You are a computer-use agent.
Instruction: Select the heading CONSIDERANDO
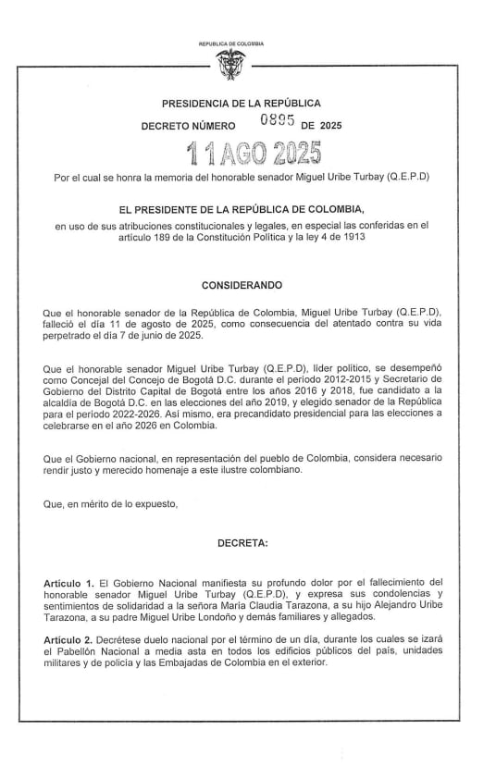[242, 285]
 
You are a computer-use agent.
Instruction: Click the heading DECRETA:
[242, 543]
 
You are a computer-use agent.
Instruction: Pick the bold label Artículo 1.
[69, 583]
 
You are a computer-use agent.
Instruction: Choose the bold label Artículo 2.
[69, 638]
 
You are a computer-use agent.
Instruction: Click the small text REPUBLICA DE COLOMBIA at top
[230, 43]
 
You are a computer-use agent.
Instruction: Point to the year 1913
[351, 238]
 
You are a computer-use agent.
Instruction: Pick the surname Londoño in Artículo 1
[217, 616]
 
